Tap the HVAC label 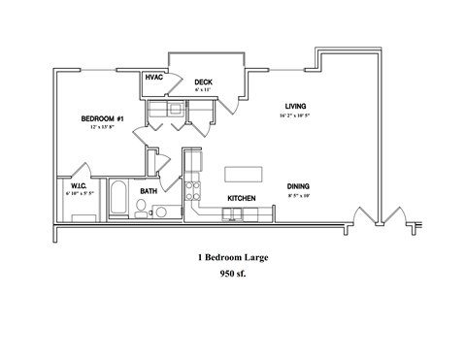click(x=153, y=77)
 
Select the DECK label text click(x=203, y=82)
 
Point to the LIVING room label click(x=296, y=106)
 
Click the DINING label click(x=298, y=186)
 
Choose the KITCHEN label click(x=242, y=198)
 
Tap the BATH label click(x=149, y=191)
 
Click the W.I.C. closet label click(x=79, y=185)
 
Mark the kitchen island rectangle click(x=244, y=174)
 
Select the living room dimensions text click(x=295, y=115)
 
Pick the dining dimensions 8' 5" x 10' click(x=298, y=196)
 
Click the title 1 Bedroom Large click(x=232, y=258)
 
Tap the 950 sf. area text click(x=233, y=275)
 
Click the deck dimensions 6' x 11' click(x=202, y=89)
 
